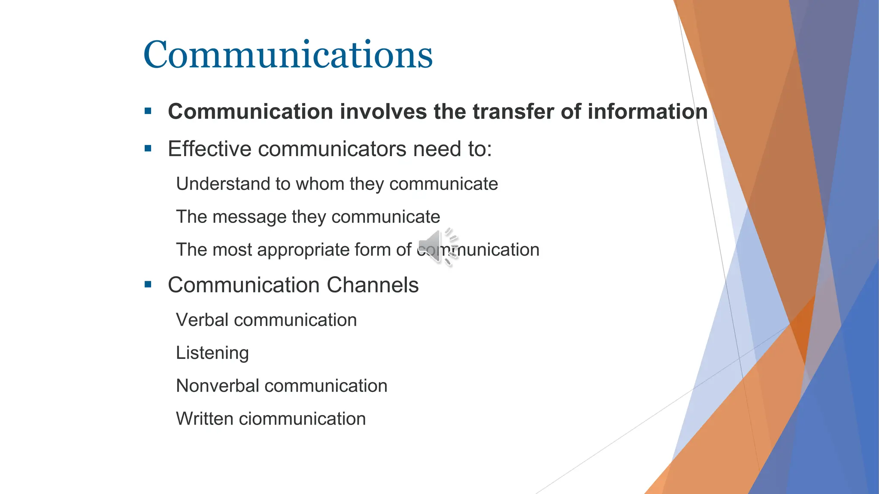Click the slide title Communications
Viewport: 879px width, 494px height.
[x=288, y=55]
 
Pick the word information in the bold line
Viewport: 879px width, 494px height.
[x=647, y=111]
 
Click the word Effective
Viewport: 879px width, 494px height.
[x=209, y=149]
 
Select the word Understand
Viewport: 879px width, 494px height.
[x=223, y=184]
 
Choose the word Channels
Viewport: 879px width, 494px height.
[x=373, y=285]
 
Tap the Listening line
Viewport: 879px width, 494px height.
[x=212, y=353]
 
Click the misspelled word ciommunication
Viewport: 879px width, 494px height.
[x=302, y=419]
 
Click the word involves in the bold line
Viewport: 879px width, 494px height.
[x=383, y=111]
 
